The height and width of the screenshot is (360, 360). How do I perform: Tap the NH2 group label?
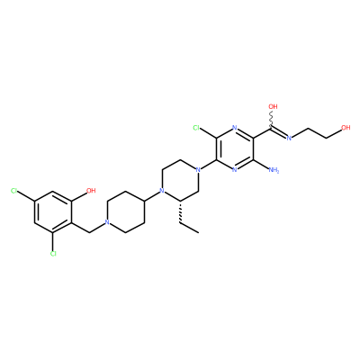[x=274, y=170]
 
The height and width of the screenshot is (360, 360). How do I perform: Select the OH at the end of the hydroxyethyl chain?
[x=346, y=128]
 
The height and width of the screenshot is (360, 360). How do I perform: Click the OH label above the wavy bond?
[x=273, y=106]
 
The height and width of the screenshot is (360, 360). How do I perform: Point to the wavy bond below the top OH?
[x=272, y=120]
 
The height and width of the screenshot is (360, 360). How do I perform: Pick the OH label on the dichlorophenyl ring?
[x=91, y=191]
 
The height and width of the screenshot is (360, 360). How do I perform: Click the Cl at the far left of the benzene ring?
[x=14, y=191]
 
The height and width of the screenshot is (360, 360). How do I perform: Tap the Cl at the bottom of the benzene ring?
[x=53, y=254]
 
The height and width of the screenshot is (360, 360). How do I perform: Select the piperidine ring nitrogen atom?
[x=106, y=222]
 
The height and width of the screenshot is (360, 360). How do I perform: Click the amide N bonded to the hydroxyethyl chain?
[x=289, y=139]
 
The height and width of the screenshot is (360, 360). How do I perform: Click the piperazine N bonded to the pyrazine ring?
[x=197, y=170]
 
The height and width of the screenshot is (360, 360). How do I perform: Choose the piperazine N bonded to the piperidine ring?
[x=162, y=191]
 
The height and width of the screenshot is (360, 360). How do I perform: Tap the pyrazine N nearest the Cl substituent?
[x=234, y=128]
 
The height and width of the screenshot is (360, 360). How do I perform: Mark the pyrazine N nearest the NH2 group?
[x=234, y=170]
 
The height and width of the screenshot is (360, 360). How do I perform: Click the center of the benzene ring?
[x=53, y=211]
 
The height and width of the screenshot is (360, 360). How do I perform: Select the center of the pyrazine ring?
[x=234, y=149]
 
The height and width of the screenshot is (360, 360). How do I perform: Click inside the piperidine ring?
[x=125, y=211]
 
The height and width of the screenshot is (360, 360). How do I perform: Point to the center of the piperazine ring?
[x=180, y=181]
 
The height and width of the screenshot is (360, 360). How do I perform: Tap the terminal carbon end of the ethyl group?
[x=198, y=233]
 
